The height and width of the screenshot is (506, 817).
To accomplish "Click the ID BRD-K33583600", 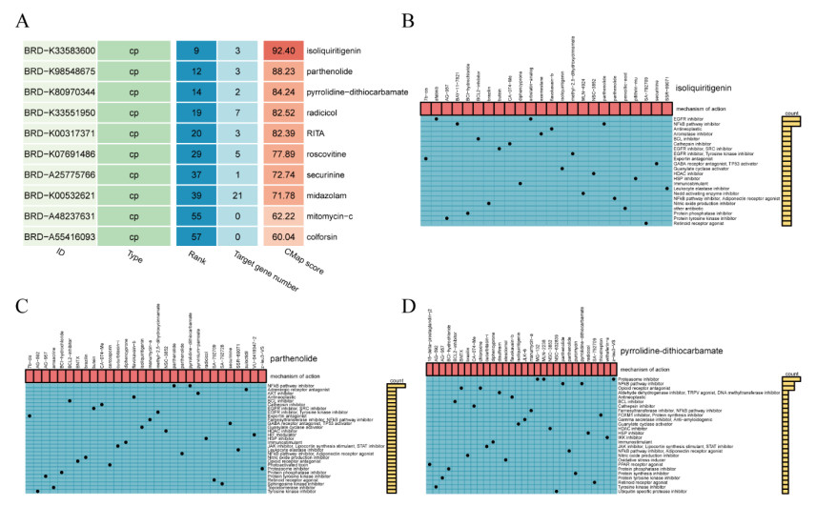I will (58, 51).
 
